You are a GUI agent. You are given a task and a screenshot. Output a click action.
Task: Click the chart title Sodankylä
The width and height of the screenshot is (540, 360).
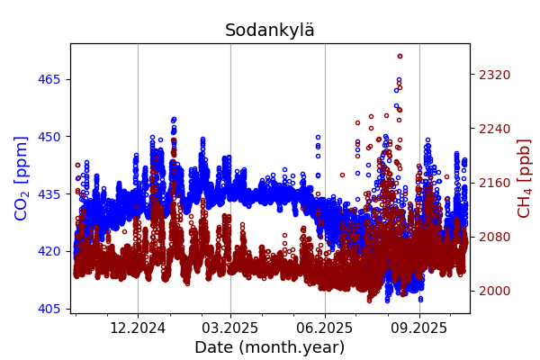coord(270,31)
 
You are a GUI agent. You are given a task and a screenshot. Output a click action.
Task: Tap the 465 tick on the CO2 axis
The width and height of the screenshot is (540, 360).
coord(49,79)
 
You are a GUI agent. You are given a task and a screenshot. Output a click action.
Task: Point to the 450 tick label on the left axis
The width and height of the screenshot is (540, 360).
coord(49,137)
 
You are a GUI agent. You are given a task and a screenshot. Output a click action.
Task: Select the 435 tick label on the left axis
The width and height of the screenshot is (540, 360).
coord(49,193)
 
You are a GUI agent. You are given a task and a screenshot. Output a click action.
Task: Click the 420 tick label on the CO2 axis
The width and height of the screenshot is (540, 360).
coord(49,251)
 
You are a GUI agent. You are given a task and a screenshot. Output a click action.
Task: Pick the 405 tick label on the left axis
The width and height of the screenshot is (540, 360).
coord(49,309)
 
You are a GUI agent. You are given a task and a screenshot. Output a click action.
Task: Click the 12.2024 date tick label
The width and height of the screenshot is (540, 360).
coord(138,328)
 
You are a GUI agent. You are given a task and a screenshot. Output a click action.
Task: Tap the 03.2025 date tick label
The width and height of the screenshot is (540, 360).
coord(230,328)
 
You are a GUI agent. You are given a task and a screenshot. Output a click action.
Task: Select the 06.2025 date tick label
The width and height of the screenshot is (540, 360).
coord(325,328)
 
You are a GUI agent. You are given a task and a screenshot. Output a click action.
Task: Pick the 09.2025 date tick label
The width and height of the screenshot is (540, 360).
coord(418,328)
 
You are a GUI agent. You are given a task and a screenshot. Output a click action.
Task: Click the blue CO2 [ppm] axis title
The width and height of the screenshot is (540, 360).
coord(22,177)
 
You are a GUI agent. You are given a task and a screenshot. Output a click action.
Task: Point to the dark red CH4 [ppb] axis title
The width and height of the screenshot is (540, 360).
coord(524,177)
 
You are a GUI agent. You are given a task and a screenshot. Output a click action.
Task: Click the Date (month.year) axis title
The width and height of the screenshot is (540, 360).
coord(270,347)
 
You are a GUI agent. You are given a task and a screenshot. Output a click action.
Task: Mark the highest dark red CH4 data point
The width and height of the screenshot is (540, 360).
coord(400,56)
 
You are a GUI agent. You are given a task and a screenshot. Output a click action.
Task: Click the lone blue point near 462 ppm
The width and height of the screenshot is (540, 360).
coord(396,90)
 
